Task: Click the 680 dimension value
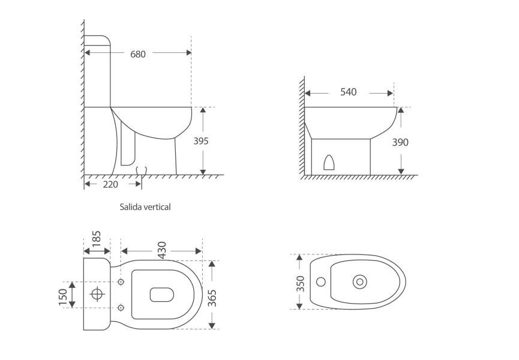click(x=138, y=53)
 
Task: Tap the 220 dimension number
click(x=110, y=184)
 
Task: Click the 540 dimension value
click(x=348, y=92)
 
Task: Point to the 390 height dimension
click(x=400, y=142)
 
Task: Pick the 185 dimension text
click(x=97, y=239)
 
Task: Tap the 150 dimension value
click(x=63, y=295)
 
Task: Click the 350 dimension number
click(x=301, y=282)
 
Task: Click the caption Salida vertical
click(x=145, y=207)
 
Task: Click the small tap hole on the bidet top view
click(x=320, y=281)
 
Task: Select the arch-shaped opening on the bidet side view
click(x=328, y=162)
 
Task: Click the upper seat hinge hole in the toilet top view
click(x=121, y=282)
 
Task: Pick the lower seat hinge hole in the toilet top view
click(x=121, y=308)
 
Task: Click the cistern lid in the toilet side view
click(x=97, y=41)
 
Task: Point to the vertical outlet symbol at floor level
click(x=142, y=172)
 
